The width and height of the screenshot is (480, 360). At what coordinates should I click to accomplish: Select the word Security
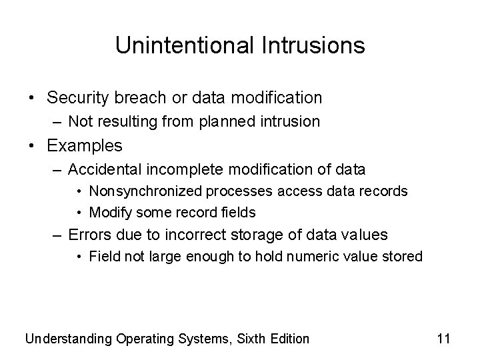pyautogui.click(x=81, y=98)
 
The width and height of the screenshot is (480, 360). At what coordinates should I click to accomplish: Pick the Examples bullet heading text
pyautogui.click(x=85, y=145)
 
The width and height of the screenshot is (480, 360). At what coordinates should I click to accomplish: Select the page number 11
pyautogui.click(x=443, y=339)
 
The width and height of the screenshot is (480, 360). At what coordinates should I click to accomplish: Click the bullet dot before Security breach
pyautogui.click(x=33, y=99)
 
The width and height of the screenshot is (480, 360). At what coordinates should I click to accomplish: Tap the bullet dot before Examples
pyautogui.click(x=33, y=146)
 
